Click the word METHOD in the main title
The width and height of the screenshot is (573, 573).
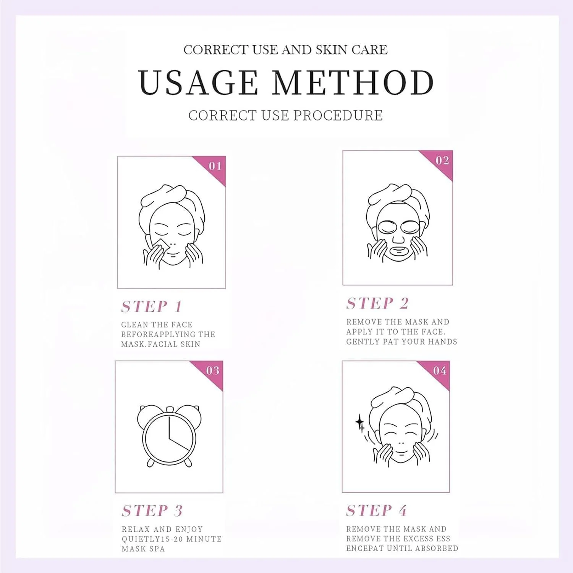pos(353,83)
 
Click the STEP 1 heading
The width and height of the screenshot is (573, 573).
pos(152,306)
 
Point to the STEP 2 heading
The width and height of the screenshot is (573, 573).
pos(377,303)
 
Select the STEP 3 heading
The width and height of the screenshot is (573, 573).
pos(152,511)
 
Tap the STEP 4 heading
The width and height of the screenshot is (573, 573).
pos(376,510)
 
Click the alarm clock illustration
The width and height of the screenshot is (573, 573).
pos(169,436)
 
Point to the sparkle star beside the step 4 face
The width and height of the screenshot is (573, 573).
pos(360,423)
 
